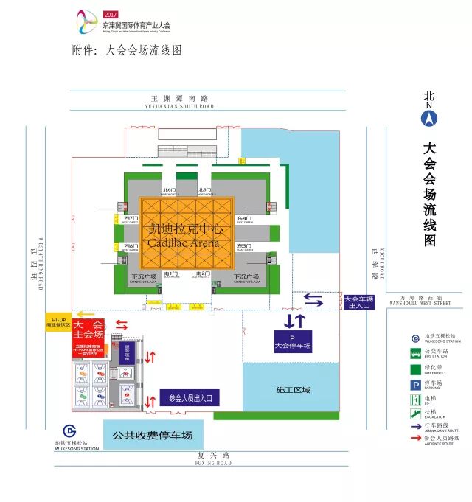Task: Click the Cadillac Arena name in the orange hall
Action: (x=184, y=235)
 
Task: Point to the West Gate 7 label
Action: (x=132, y=220)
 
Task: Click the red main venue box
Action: (x=88, y=329)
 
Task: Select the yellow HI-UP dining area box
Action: (x=58, y=323)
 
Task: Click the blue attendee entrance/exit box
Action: (x=190, y=399)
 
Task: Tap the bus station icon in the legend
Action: (x=417, y=352)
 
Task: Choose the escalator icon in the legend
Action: (x=417, y=414)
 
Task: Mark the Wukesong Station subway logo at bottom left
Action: (x=69, y=431)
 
